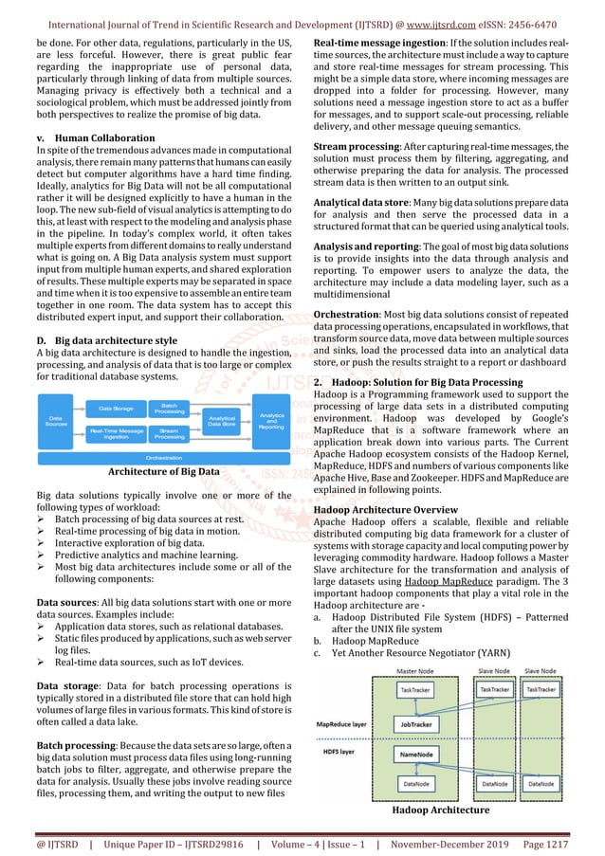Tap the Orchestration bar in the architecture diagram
(164, 457)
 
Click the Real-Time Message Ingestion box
(116, 434)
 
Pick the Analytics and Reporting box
(272, 422)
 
